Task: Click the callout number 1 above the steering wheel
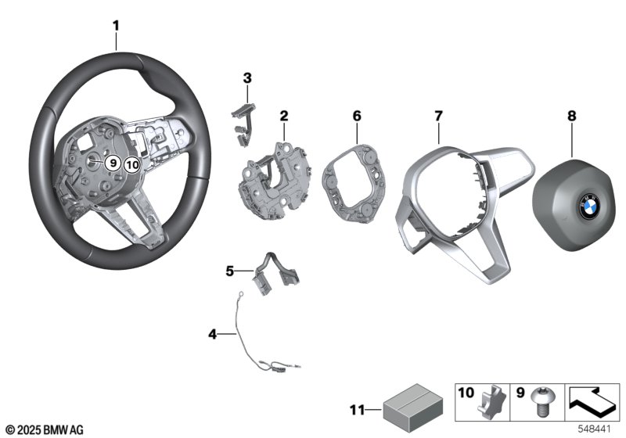(x=116, y=26)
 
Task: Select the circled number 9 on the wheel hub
(x=113, y=163)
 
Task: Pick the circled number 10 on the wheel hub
(x=131, y=164)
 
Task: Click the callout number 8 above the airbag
(x=571, y=116)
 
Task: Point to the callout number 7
(x=439, y=116)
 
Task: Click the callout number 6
(x=356, y=116)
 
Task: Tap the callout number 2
(x=284, y=116)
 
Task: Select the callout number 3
(x=246, y=77)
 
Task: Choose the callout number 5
(x=230, y=271)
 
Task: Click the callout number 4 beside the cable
(x=212, y=335)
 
